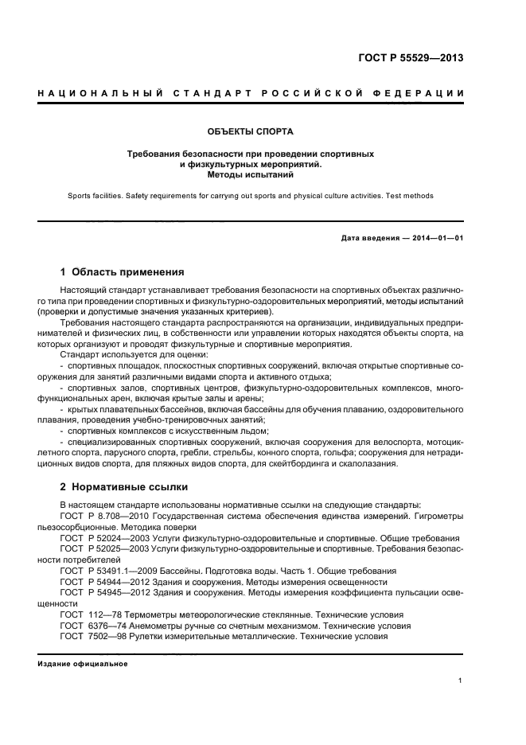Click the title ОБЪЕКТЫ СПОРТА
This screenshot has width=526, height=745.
[251, 130]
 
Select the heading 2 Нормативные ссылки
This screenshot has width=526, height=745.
[125, 486]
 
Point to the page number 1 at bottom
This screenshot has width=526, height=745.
[461, 680]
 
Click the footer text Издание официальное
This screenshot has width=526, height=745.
[84, 663]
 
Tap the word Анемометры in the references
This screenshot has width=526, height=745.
[165, 626]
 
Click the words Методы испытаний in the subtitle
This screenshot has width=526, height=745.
[251, 173]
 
